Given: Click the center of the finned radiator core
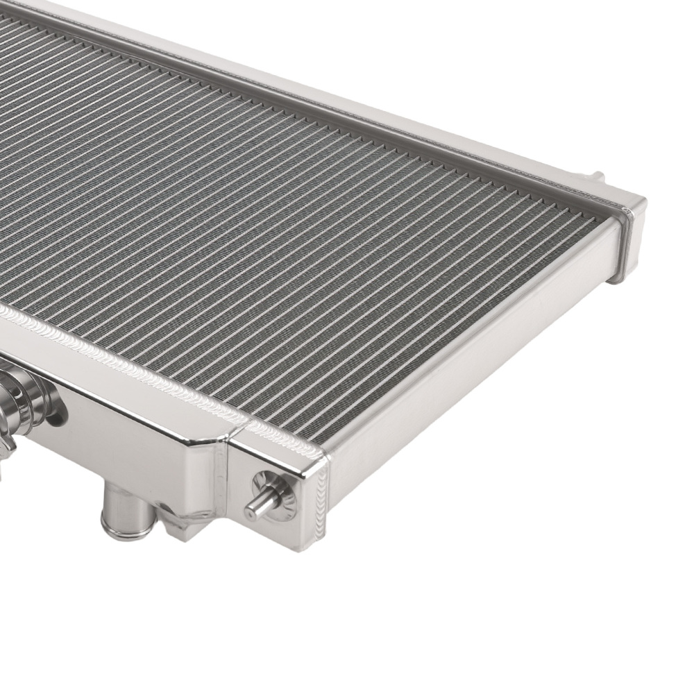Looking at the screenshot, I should [312, 229].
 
